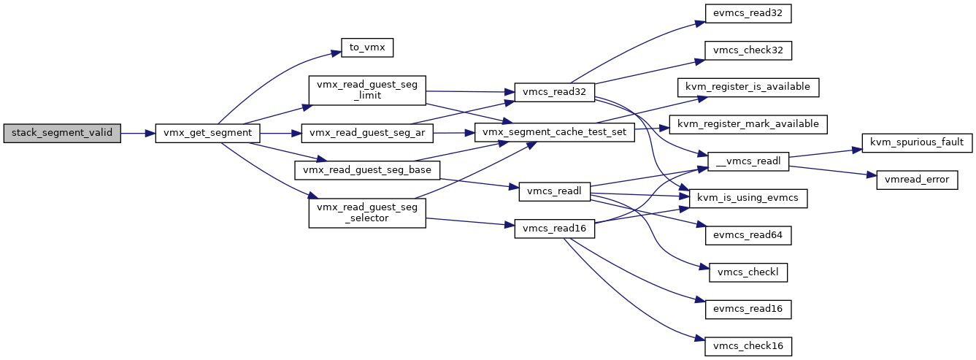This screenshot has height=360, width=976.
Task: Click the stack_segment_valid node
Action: pos(62,133)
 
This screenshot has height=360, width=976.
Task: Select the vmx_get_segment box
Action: pos(207,133)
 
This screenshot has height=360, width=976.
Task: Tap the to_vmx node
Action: pos(367,47)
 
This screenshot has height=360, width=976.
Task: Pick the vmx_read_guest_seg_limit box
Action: pos(367,91)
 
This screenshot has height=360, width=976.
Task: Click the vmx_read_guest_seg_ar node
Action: pos(367,133)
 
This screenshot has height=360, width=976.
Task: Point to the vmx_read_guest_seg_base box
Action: pos(367,170)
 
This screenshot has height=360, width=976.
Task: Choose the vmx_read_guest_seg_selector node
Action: pos(367,212)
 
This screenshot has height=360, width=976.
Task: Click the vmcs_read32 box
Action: pos(554,93)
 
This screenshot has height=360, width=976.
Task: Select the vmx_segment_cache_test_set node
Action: pos(554,132)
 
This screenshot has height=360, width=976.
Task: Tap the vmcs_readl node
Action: pos(554,192)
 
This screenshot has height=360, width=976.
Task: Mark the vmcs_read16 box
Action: pos(554,229)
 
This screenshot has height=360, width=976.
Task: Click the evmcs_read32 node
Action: pos(748,14)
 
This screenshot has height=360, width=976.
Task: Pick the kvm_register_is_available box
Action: pos(748,87)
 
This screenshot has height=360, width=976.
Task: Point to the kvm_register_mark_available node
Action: pos(748,124)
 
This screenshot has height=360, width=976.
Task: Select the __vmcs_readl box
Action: pos(748,161)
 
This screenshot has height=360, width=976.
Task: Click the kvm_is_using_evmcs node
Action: pos(748,199)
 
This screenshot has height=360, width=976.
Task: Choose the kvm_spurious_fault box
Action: pos(917,142)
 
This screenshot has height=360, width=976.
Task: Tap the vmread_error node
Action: pos(917,180)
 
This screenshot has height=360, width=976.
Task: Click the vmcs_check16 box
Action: pos(748,346)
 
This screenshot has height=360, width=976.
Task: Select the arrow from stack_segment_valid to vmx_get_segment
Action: pos(138,133)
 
